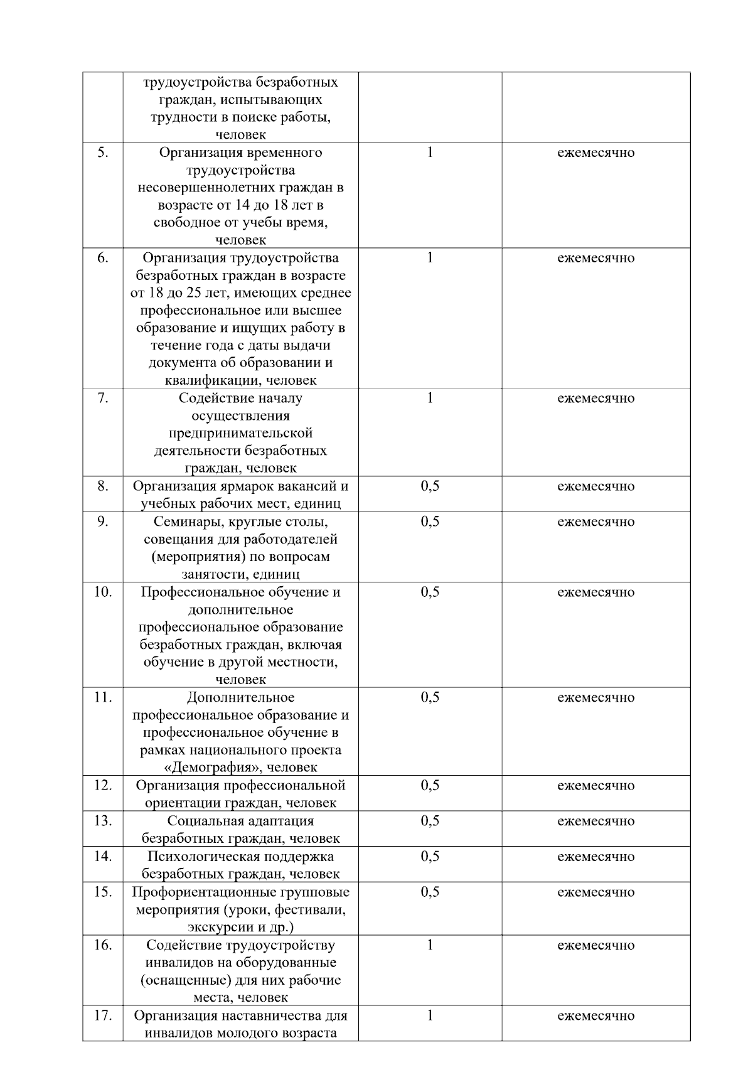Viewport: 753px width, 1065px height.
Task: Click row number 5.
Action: click(103, 153)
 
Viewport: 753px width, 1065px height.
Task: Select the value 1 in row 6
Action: click(430, 258)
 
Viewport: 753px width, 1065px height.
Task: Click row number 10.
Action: click(103, 592)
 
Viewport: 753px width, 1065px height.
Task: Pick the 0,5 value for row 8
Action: click(430, 486)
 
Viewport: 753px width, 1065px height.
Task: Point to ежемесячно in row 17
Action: click(595, 1015)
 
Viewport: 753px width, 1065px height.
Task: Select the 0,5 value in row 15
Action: click(430, 892)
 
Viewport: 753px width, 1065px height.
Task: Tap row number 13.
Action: click(103, 821)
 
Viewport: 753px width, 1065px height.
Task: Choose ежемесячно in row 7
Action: click(595, 399)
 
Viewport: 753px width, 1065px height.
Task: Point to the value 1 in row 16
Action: click(430, 945)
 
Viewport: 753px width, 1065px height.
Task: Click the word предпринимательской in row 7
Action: click(240, 433)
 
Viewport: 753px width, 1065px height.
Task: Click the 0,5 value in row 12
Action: click(430, 786)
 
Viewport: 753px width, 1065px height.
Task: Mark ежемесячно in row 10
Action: click(595, 592)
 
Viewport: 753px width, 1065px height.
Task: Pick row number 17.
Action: click(103, 1015)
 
